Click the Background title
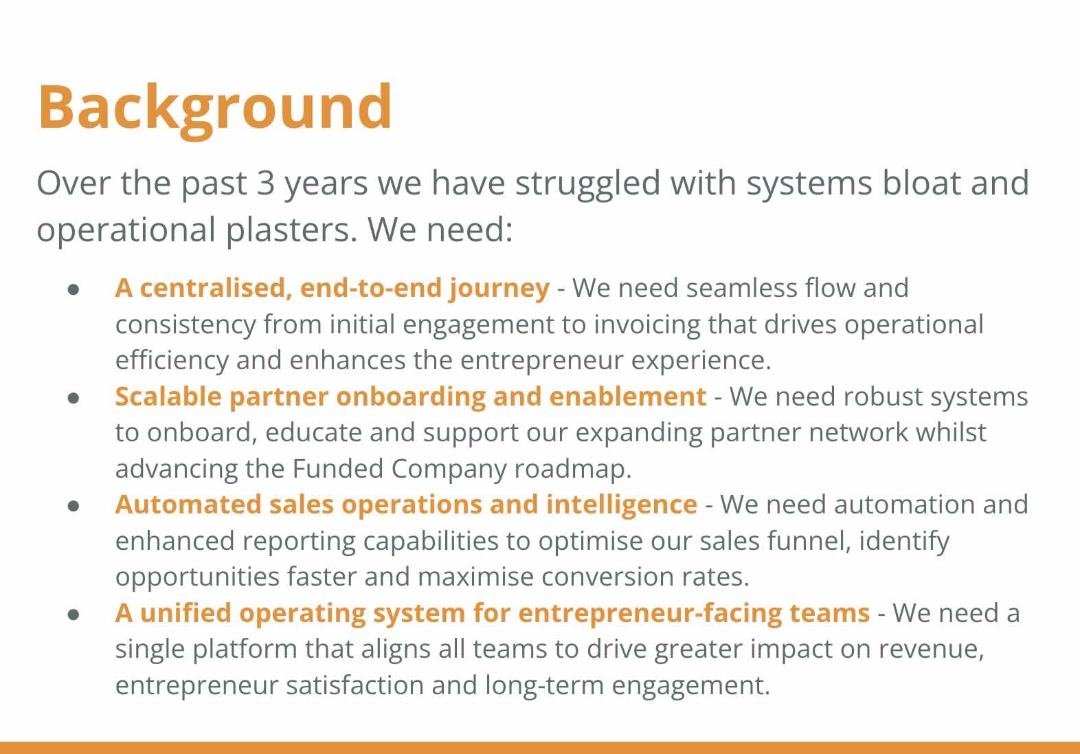point(215,110)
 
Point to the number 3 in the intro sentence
point(266,184)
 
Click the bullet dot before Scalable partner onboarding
point(74,398)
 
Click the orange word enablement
point(628,397)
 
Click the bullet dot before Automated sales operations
point(74,506)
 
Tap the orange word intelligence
point(622,506)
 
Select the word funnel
point(809,541)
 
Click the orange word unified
point(185,613)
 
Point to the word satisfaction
point(355,685)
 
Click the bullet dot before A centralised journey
point(74,289)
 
